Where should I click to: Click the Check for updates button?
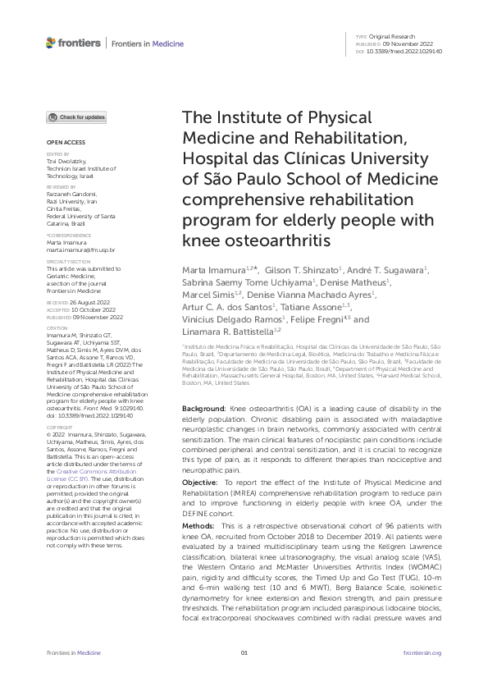pos(76,117)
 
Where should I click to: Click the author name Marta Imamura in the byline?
pos(215,270)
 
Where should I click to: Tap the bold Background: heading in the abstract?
pos(203,408)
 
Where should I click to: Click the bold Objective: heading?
pos(201,482)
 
